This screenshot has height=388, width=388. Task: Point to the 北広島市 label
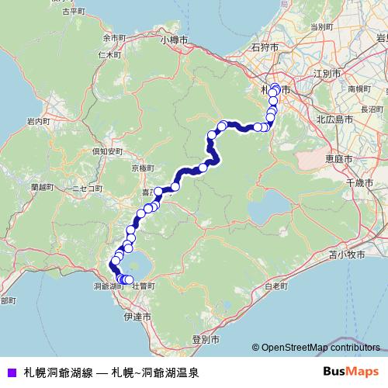coord(335,120)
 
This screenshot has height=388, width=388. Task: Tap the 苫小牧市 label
coord(346,254)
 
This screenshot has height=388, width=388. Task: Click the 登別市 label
coord(206,340)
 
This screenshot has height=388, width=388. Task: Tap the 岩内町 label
coord(38,122)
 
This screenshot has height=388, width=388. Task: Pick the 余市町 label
coord(113,37)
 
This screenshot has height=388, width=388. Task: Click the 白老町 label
coord(275,286)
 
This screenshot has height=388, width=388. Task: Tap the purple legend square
coord(10,372)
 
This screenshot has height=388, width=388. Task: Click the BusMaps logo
coord(352,372)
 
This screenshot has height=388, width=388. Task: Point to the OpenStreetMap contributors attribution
coord(319,348)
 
